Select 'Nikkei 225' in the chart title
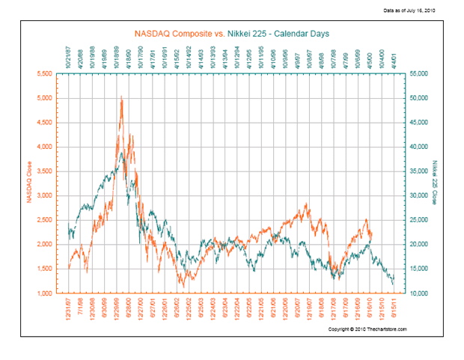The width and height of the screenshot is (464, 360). click(228, 33)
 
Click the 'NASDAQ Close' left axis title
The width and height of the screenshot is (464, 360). click(29, 183)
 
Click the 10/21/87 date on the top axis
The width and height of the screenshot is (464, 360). click(69, 57)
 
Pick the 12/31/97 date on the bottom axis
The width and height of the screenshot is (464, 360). click(69, 310)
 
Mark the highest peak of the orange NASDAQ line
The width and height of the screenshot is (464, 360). click(120, 97)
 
